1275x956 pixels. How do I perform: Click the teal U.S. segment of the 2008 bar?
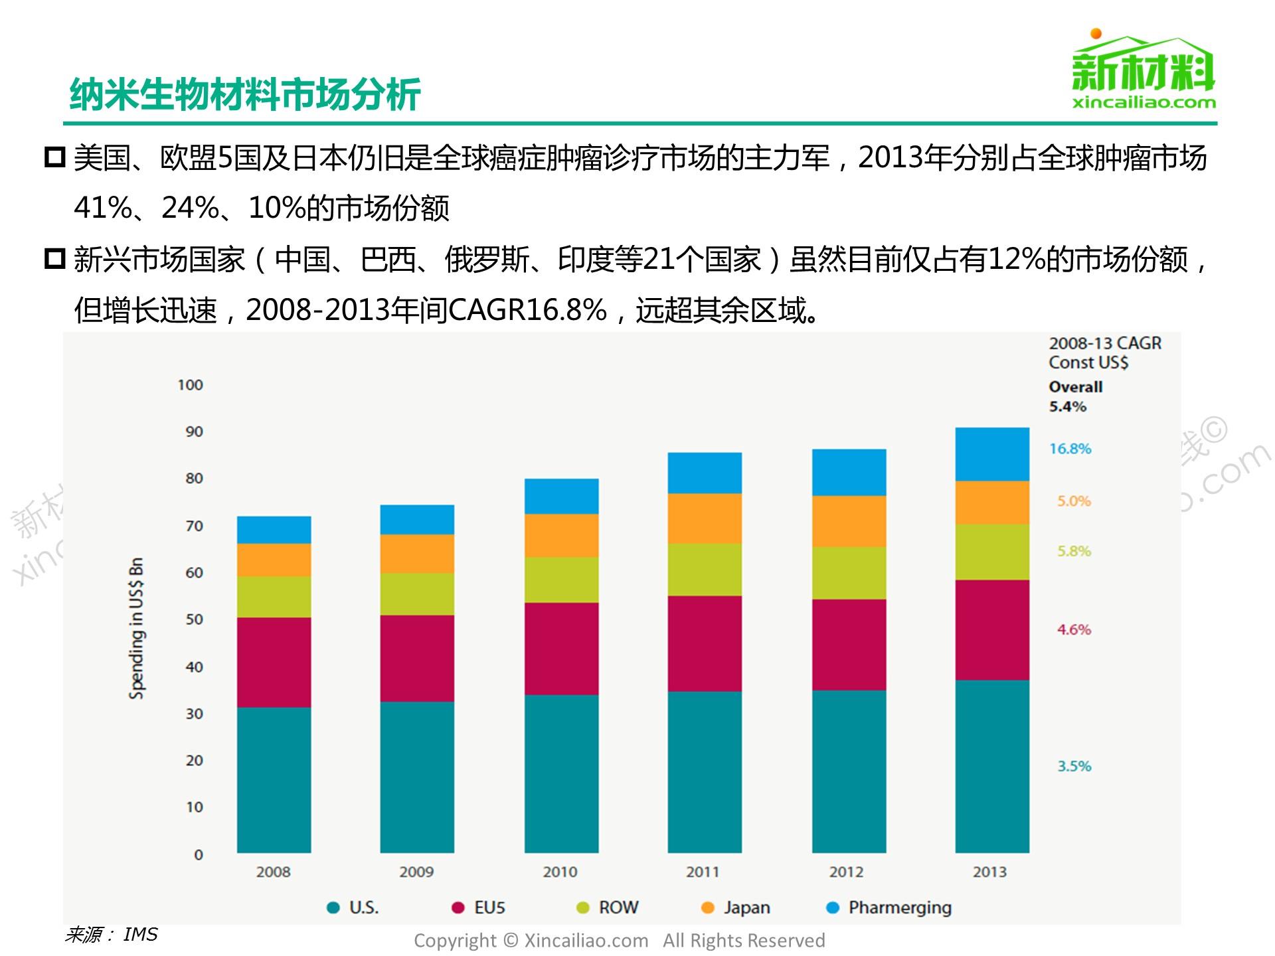(274, 779)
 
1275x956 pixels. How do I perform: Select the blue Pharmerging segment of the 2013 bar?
(992, 454)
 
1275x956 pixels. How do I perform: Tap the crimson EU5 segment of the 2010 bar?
(561, 649)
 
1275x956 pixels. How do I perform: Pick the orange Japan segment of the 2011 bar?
(705, 518)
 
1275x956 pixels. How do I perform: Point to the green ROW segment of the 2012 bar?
(849, 573)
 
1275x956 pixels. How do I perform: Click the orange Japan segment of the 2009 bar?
(417, 554)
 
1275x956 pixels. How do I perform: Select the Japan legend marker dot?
(708, 908)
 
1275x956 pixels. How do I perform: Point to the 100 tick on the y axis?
(191, 385)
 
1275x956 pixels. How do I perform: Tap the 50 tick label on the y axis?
(194, 619)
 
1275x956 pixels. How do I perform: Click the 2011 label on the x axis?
(703, 872)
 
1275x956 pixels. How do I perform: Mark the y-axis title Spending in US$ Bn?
(136, 628)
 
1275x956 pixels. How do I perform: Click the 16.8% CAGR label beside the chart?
(1070, 449)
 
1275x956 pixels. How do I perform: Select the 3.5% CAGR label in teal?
(1074, 766)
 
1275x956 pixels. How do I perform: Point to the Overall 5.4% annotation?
(1075, 396)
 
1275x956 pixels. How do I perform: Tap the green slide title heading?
(245, 94)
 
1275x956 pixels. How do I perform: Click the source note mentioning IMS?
(112, 935)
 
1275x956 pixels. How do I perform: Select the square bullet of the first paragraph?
(54, 157)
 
